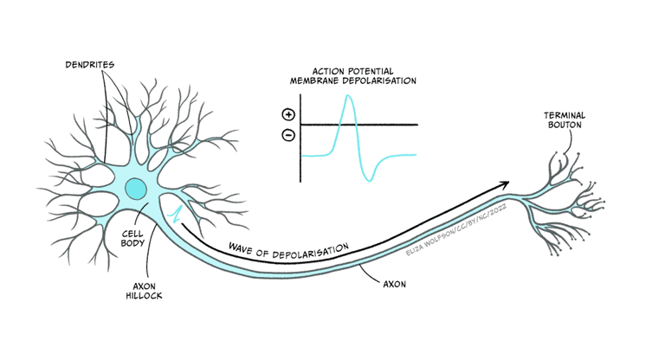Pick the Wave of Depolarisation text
tap(288, 247)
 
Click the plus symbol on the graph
tap(288, 114)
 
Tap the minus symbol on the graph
tap(288, 134)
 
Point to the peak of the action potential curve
tap(348, 95)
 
